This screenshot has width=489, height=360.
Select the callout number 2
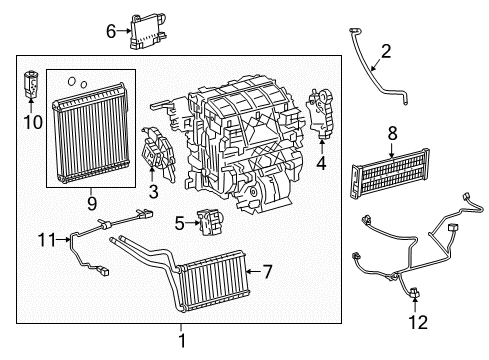(x=386, y=51)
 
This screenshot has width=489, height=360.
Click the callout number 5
(x=178, y=223)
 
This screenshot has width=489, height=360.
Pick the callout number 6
(x=111, y=31)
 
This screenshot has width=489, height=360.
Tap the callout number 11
(x=43, y=238)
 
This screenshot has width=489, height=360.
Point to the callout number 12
(x=417, y=322)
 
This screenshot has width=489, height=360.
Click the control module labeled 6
(x=145, y=32)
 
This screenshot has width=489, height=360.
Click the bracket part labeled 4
(x=323, y=111)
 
